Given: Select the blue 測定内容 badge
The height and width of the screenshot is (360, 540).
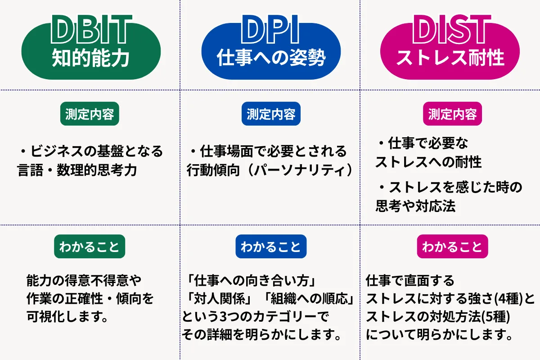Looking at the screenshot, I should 271,114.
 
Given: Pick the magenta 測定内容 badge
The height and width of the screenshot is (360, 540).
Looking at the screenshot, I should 452,114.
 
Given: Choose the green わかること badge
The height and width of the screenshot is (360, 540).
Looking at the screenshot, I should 90,247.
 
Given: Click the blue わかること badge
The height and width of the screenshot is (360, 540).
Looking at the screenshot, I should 271,247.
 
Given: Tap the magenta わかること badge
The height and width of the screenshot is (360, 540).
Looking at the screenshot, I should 452,247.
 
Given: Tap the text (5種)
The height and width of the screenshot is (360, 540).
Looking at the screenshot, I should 494,317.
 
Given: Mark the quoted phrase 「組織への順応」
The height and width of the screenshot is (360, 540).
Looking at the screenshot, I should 309,299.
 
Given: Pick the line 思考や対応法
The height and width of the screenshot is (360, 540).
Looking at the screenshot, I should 415,206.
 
